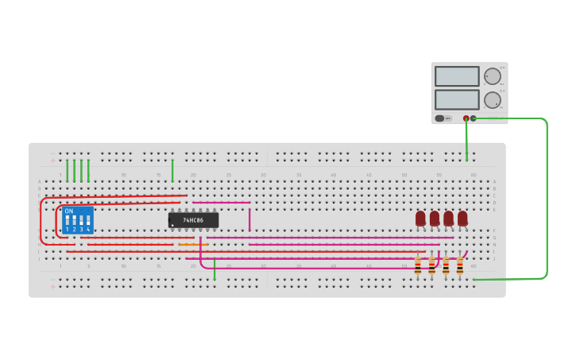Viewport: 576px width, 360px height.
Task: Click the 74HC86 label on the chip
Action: pos(193,220)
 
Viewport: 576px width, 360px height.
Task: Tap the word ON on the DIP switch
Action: pos(69,211)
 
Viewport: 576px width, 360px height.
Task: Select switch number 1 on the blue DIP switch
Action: pos(68,220)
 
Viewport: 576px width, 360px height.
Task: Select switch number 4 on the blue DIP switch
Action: pos(88,220)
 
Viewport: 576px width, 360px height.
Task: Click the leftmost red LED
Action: pos(420,218)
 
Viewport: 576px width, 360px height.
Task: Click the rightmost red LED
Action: pos(462,218)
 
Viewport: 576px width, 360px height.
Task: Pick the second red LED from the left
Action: pos(435,218)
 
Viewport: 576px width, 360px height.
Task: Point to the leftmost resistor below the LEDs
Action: pos(418,266)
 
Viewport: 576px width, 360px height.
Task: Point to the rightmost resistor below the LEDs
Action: pos(459,266)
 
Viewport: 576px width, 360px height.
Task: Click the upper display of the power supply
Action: pos(457,76)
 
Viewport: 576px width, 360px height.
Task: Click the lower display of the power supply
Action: pos(457,99)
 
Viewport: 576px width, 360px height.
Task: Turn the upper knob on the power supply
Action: pos(493,76)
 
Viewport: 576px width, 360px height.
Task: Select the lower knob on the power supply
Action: pos(493,100)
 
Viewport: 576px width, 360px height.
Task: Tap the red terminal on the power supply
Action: pos(466,118)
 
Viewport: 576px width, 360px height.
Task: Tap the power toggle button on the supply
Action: pos(439,118)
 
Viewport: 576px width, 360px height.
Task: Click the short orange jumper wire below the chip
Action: pos(191,244)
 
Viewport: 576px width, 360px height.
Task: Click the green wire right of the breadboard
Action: pos(547,199)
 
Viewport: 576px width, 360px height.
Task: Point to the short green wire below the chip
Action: pos(215,269)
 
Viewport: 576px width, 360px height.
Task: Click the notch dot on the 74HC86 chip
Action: pos(172,225)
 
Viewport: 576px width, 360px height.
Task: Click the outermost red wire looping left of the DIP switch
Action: pos(41,219)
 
